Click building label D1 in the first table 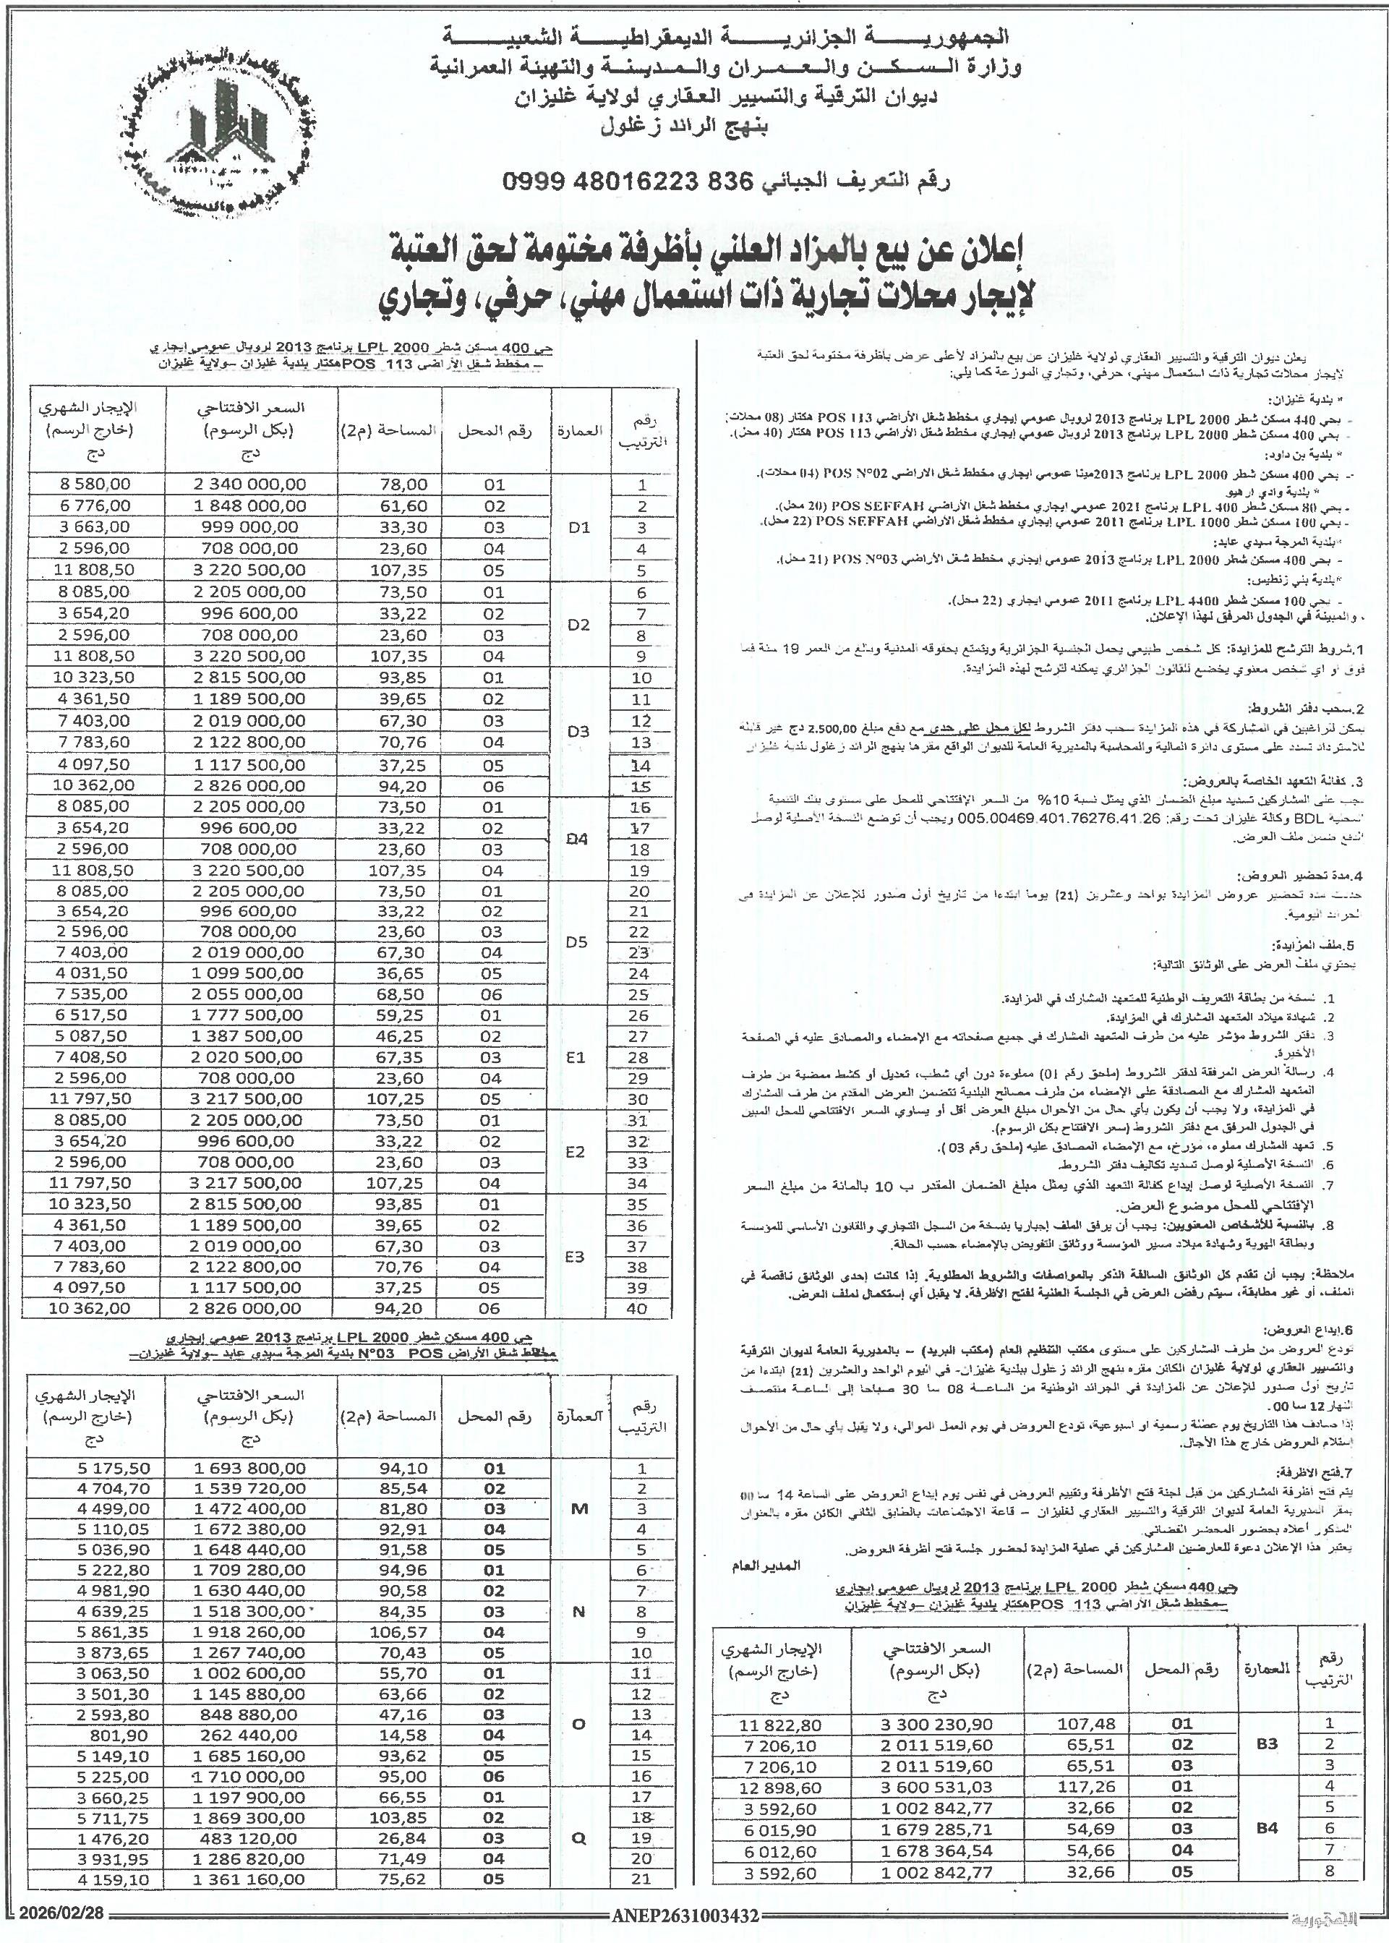[x=579, y=527]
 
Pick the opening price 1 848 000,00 [x=248, y=506]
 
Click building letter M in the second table [x=579, y=1508]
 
